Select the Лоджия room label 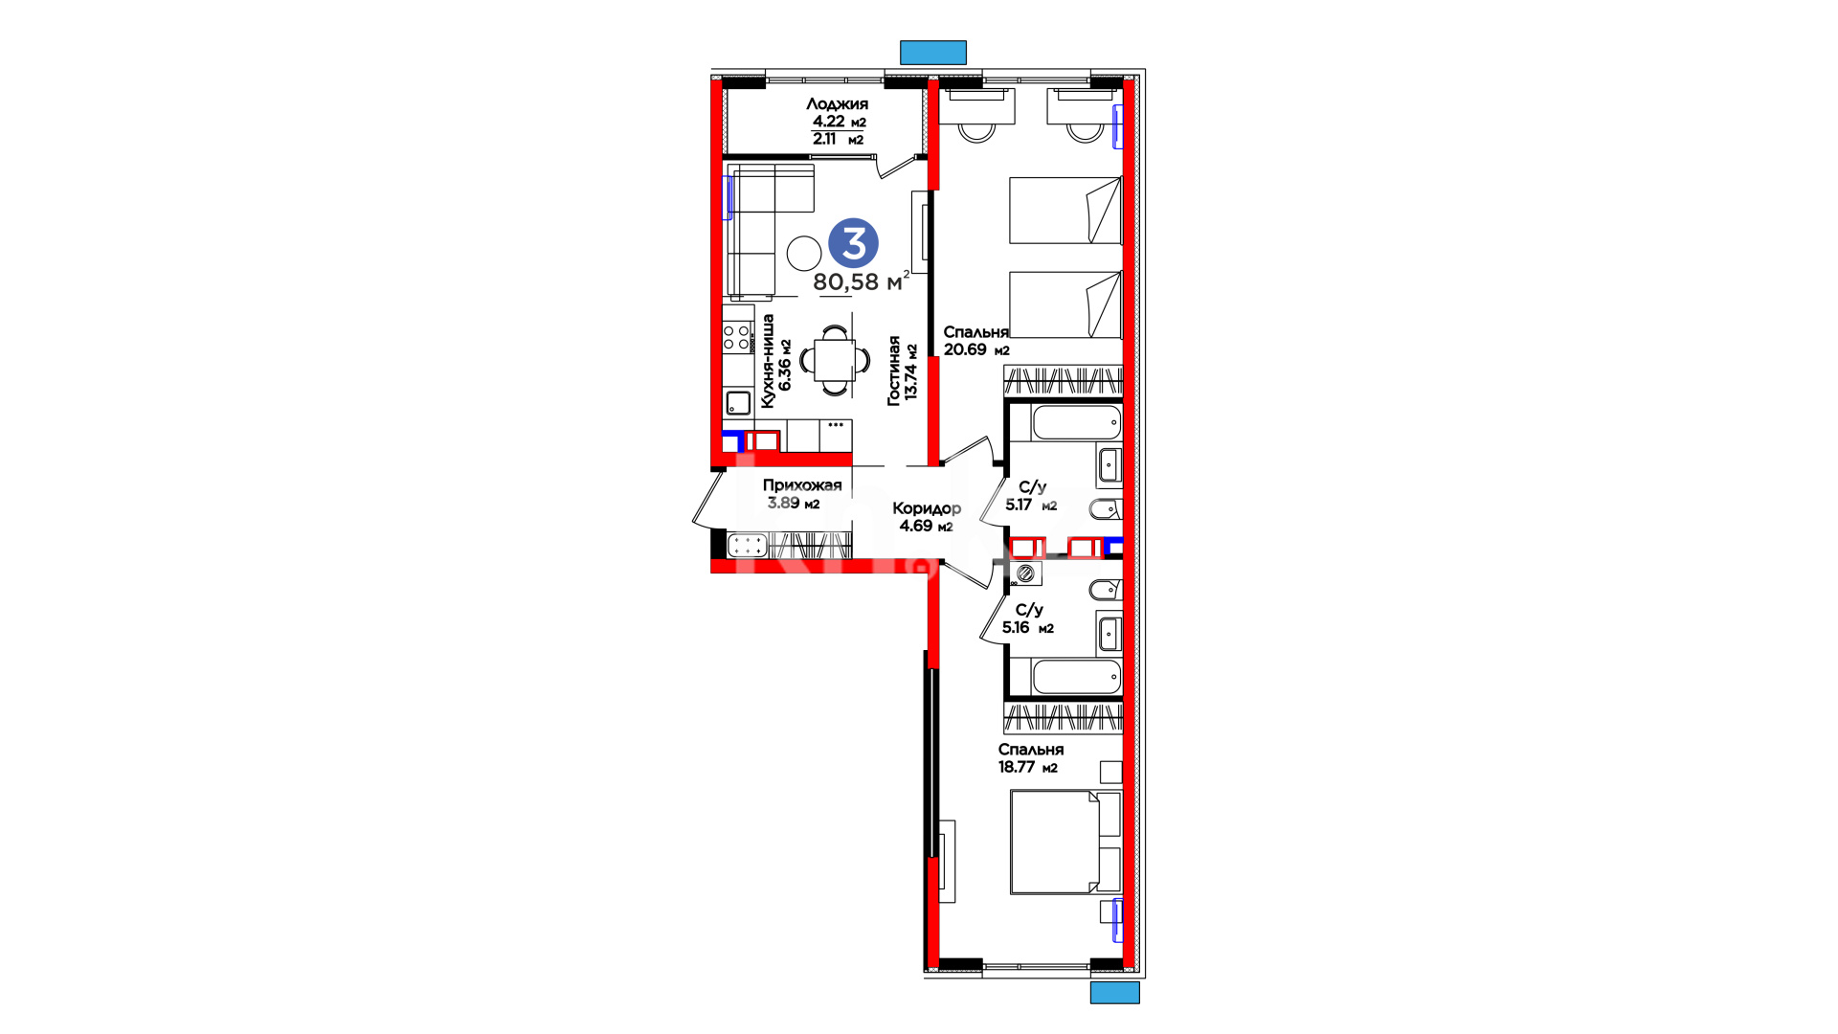837,103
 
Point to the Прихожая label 802,484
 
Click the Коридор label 927,508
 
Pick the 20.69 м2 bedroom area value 976,349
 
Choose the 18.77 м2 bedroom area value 1028,767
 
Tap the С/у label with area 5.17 1033,487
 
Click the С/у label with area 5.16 1029,610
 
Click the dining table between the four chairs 835,360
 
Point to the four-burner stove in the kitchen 737,337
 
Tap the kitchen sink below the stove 738,402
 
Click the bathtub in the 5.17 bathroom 1076,422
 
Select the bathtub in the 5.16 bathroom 1076,677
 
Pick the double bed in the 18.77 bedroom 1065,842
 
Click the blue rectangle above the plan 933,52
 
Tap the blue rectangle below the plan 1115,992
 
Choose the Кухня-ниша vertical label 776,361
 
